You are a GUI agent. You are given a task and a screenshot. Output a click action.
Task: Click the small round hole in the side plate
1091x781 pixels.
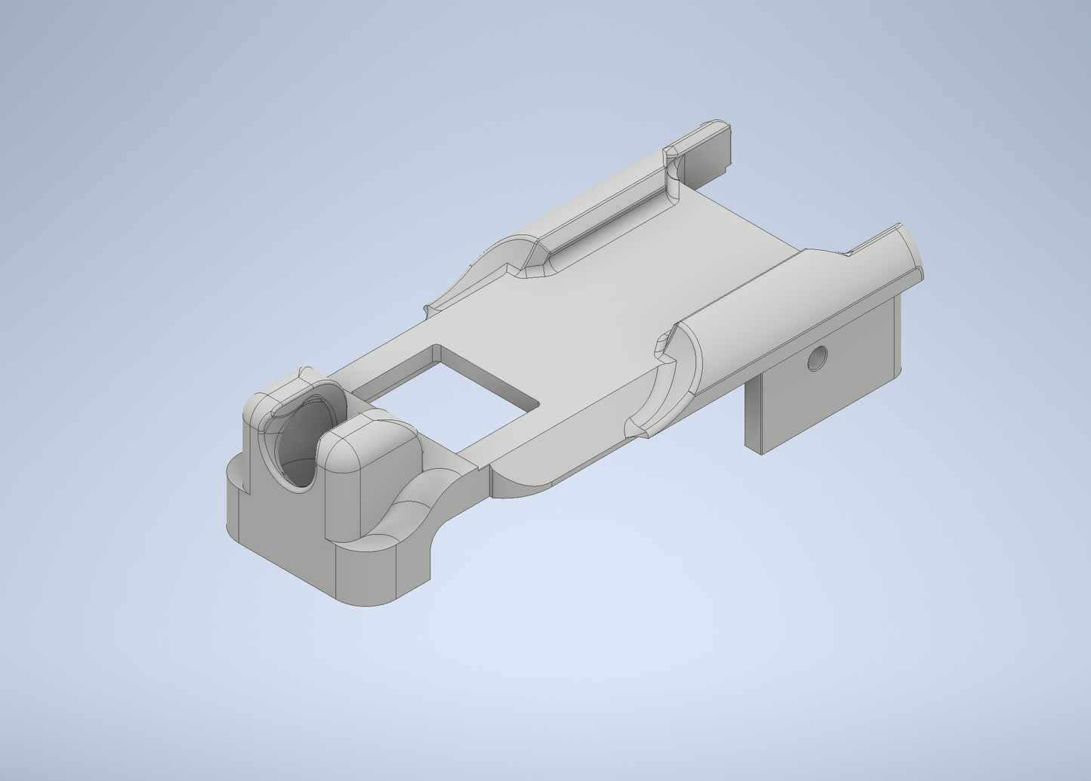(816, 358)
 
